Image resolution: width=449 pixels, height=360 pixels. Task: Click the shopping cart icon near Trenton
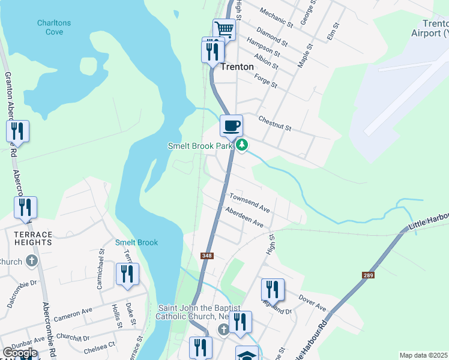pyautogui.click(x=224, y=29)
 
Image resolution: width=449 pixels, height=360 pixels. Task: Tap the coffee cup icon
pyautogui.click(x=231, y=125)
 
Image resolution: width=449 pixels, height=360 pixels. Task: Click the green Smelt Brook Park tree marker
pyautogui.click(x=242, y=145)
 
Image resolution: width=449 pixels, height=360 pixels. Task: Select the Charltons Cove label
pyautogui.click(x=54, y=27)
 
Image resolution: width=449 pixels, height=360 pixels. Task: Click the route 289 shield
pyautogui.click(x=368, y=275)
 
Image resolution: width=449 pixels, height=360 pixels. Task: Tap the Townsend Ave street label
pyautogui.click(x=250, y=202)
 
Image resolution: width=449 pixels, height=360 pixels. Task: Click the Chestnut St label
pyautogui.click(x=274, y=124)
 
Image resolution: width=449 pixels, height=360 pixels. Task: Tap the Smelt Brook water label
pyautogui.click(x=136, y=242)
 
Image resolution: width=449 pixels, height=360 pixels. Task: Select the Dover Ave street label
pyautogui.click(x=312, y=302)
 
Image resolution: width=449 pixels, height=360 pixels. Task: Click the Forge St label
pyautogui.click(x=265, y=80)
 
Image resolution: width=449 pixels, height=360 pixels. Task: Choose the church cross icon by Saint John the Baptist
pyautogui.click(x=223, y=329)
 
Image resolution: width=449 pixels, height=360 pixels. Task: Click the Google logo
pyautogui.click(x=20, y=353)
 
